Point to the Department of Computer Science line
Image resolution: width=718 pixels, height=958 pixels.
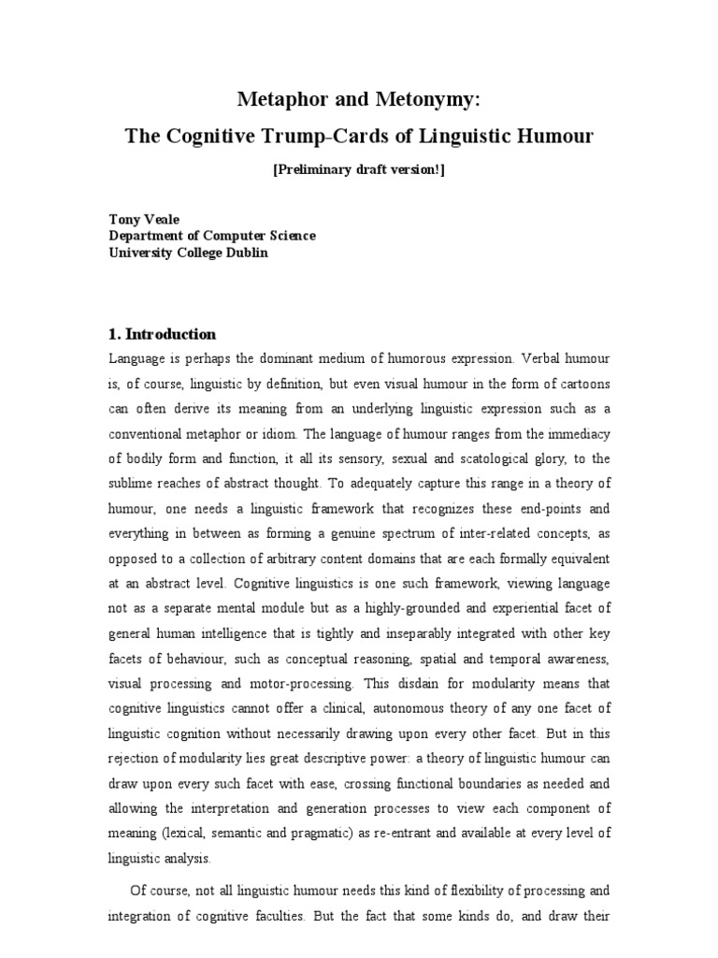coord(212,237)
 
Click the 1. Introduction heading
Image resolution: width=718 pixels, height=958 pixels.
coord(163,334)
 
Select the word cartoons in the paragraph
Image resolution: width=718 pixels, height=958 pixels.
coord(579,383)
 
